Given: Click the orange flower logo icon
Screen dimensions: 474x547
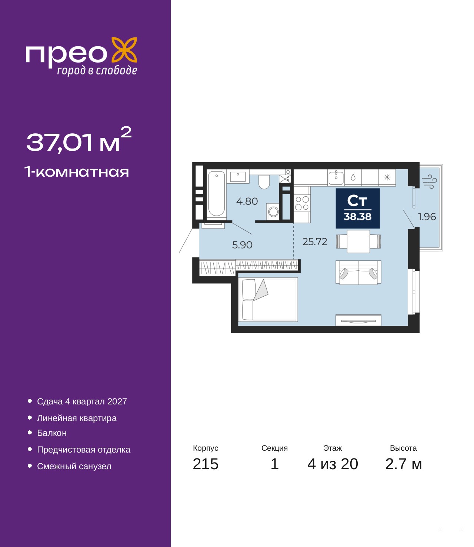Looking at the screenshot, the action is (124, 50).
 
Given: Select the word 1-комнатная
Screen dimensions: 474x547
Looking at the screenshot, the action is (77, 172).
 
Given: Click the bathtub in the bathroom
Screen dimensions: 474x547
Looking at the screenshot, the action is (216, 194).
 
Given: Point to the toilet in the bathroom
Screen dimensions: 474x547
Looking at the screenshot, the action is (264, 182).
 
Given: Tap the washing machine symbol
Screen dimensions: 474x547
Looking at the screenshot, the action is (273, 211).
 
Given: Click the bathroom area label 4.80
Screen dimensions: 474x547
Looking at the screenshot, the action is (247, 201).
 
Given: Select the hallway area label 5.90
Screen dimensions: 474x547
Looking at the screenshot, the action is (242, 245).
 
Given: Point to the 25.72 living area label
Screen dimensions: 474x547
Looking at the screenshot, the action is (315, 241).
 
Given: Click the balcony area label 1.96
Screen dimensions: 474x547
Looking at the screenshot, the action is (427, 217).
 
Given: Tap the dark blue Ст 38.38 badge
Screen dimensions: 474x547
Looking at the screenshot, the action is (358, 208).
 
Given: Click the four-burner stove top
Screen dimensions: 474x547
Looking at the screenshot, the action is (302, 203).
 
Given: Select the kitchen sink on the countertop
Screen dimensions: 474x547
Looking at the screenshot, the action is (336, 177).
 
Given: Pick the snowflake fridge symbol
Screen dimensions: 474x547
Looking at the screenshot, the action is (387, 177).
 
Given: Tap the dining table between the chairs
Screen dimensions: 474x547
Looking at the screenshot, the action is (358, 241).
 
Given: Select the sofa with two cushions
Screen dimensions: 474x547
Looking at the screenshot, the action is (358, 272).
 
